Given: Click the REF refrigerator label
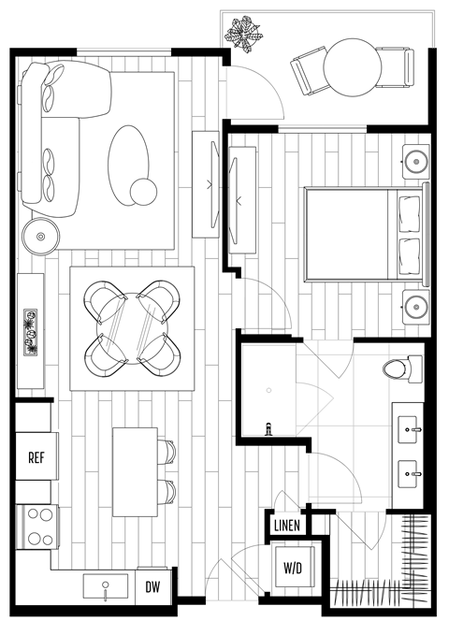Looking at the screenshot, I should pos(36,458).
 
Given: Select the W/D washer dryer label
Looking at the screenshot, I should pos(292,567).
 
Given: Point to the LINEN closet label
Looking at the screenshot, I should pos(287,527).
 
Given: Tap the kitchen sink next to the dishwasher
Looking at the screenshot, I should pos(105,587).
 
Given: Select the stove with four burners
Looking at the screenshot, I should pos(37,526).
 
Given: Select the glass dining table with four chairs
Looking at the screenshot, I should pos(132,328).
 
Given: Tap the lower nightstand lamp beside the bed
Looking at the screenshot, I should pos(414,305).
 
